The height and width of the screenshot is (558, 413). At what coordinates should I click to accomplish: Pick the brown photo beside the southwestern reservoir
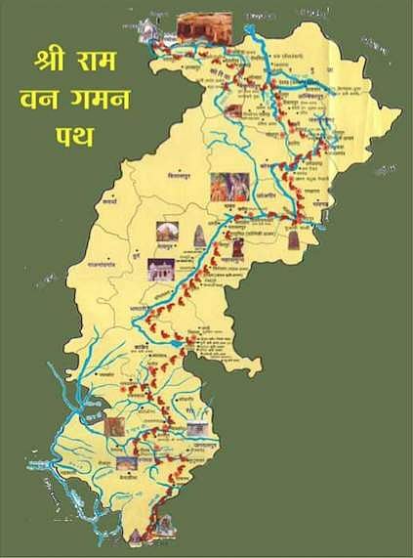tap(114, 426)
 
